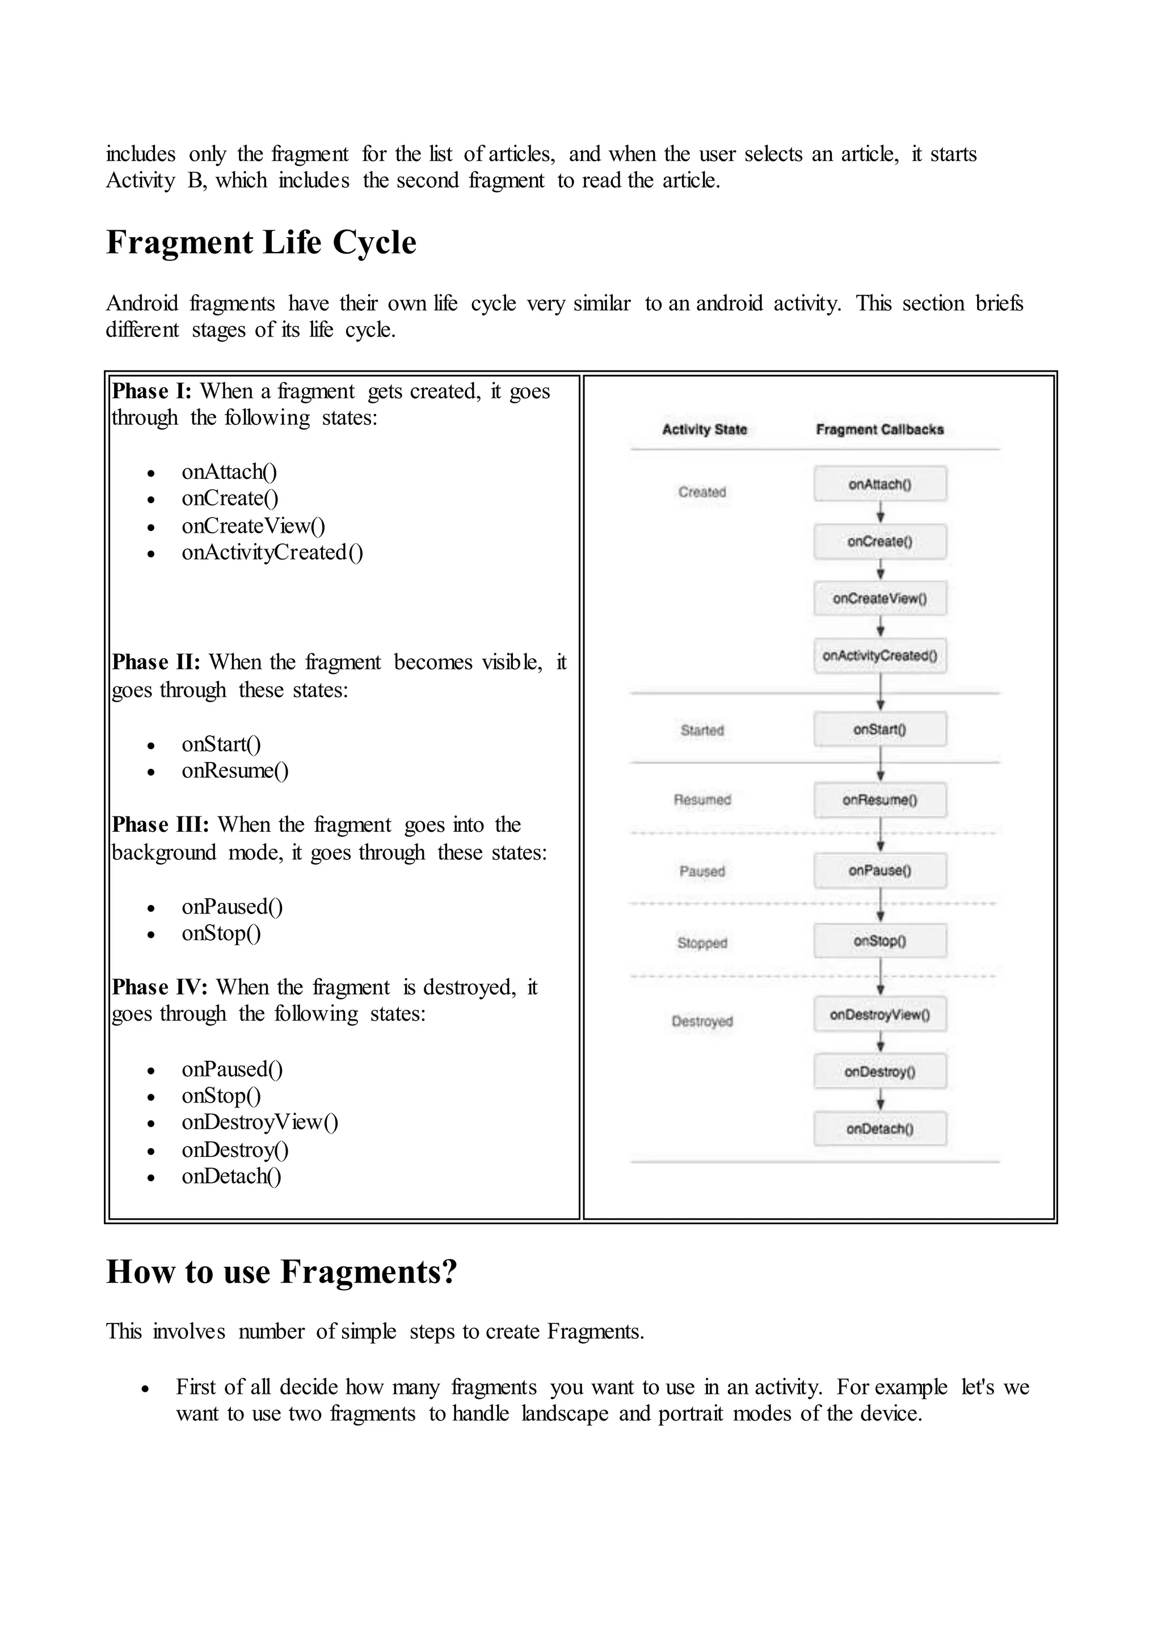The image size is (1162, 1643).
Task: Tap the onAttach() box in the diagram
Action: click(x=879, y=485)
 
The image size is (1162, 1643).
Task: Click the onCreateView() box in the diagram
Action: click(x=879, y=598)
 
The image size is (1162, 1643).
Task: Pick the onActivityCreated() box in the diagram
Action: click(x=879, y=655)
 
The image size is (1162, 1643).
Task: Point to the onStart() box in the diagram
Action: click(x=879, y=729)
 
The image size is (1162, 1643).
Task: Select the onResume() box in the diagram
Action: click(x=879, y=799)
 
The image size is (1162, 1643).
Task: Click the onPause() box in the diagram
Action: click(x=879, y=870)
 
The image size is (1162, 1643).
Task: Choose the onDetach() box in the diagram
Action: click(x=879, y=1128)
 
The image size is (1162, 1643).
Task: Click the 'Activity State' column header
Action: click(x=704, y=429)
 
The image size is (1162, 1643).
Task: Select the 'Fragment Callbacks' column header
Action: click(x=879, y=429)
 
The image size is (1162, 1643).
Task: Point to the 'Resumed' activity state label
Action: click(x=702, y=799)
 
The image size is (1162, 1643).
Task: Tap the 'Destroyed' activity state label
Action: click(x=702, y=1021)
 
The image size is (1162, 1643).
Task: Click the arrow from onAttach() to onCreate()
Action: click(x=880, y=512)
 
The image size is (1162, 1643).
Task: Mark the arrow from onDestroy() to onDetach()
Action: click(x=880, y=1100)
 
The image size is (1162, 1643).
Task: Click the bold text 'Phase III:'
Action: click(x=160, y=824)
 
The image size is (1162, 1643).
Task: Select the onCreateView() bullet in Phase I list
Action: click(x=253, y=526)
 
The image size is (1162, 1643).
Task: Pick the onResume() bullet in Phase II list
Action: click(x=235, y=770)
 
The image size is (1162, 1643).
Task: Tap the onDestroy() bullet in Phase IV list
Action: click(x=235, y=1150)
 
